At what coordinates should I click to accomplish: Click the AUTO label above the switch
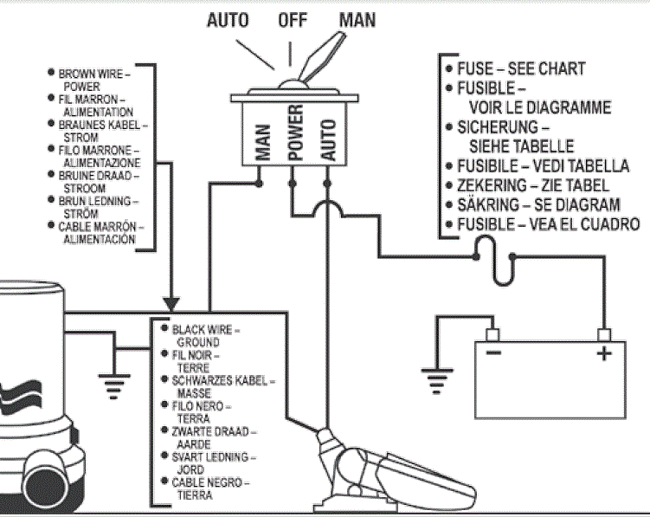tap(228, 19)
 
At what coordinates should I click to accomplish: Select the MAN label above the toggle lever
tap(357, 19)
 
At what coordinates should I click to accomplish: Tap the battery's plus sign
tap(602, 353)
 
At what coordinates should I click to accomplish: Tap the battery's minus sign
tap(492, 353)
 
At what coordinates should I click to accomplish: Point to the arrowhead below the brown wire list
tap(171, 304)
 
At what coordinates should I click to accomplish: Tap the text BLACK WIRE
tap(204, 331)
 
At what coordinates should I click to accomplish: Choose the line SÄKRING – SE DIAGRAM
tap(537, 205)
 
